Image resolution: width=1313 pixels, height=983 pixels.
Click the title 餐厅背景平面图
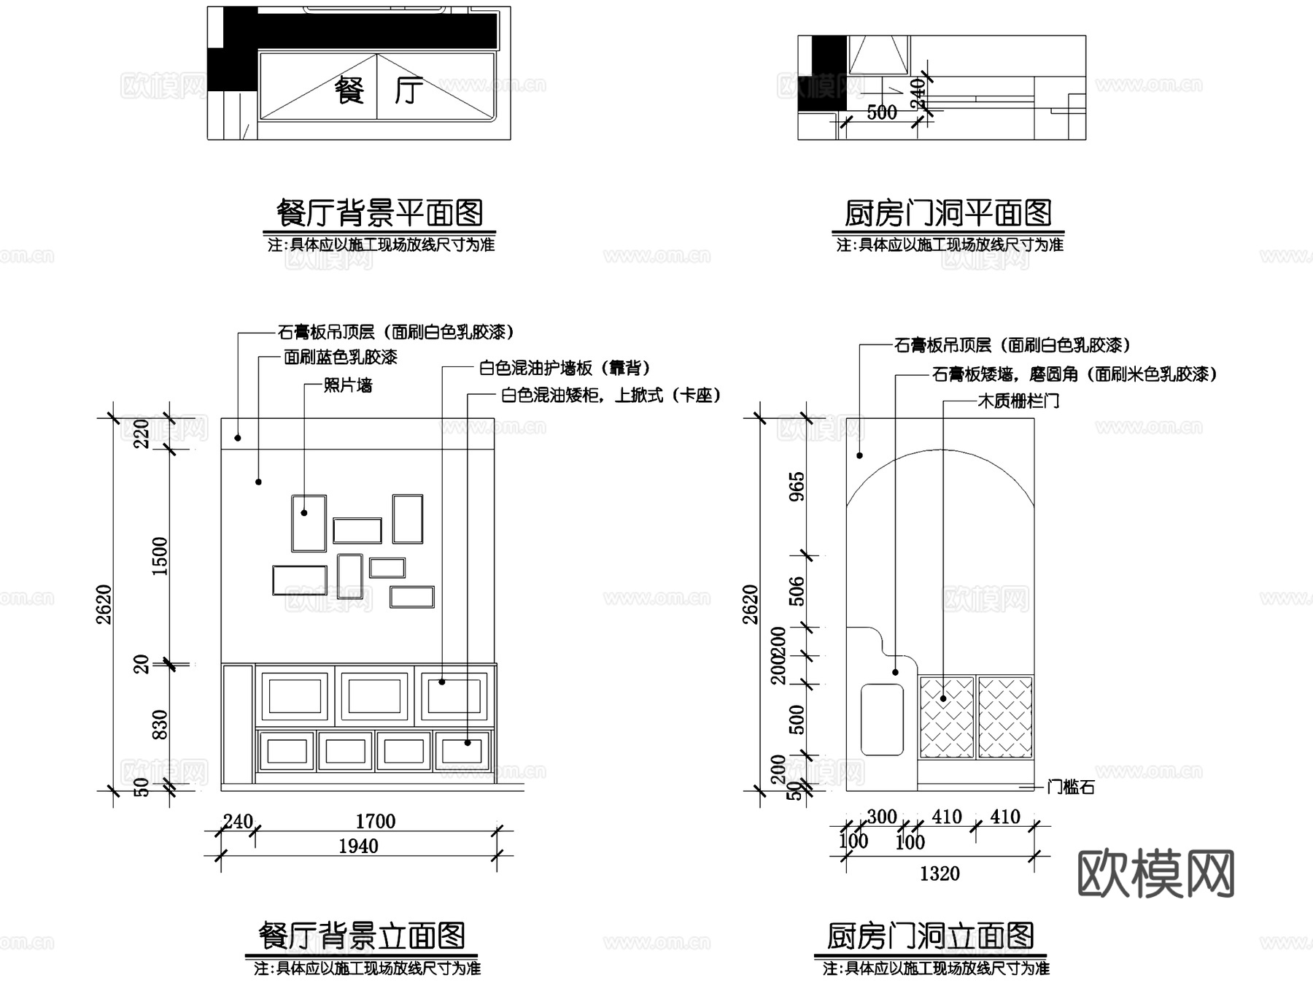point(379,213)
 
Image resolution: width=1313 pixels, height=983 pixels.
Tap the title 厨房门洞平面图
point(948,213)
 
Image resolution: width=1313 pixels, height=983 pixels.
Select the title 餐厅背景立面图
point(362,936)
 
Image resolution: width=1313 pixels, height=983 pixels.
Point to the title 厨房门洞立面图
point(930,936)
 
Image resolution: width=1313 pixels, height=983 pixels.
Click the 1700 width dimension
point(375,822)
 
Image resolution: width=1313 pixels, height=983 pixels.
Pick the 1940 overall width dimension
point(358,847)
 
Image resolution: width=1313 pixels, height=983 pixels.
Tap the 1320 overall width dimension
point(940,874)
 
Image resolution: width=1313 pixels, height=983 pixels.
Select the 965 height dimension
point(797,486)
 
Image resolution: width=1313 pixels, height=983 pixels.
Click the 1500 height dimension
point(160,556)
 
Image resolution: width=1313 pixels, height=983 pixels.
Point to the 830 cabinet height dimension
point(160,724)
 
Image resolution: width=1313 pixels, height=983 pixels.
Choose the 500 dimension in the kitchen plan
point(881,112)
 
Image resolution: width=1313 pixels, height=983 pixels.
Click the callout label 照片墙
point(348,385)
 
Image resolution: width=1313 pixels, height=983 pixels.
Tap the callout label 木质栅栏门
point(1018,401)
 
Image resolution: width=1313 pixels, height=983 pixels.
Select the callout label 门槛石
point(1071,787)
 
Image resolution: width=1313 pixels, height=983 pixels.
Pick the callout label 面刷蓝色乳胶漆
point(341,357)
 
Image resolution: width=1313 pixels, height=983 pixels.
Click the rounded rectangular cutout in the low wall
point(882,719)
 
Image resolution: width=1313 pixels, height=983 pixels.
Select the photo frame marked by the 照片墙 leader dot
point(309,523)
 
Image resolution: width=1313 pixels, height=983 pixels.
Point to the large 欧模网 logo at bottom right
point(1156,873)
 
